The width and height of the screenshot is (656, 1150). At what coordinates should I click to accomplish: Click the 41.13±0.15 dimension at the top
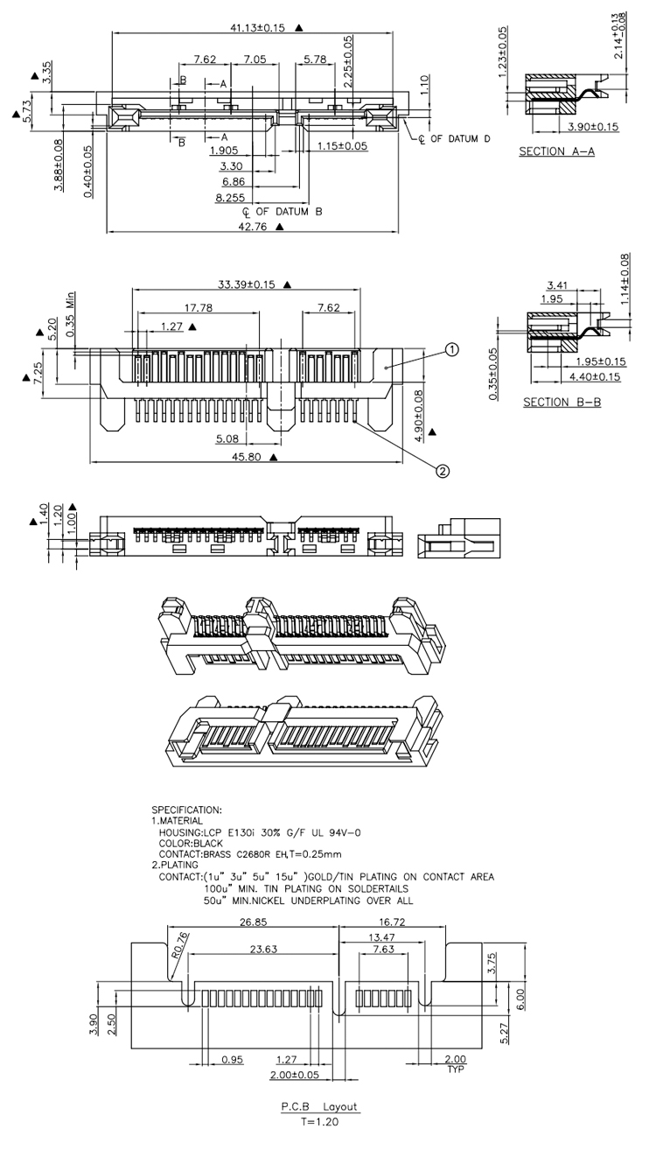tap(258, 27)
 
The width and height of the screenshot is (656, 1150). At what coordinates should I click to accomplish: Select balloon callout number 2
tap(443, 471)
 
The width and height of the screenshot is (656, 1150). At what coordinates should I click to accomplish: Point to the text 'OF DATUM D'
tap(459, 138)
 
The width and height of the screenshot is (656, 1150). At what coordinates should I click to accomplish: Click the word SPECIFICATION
tap(186, 810)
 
